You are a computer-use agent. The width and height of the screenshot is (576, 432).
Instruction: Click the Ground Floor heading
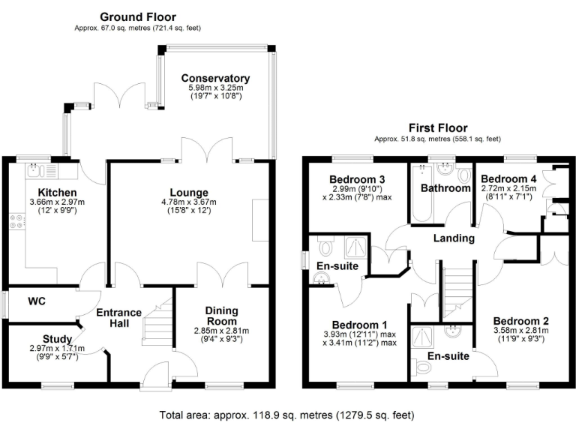137,16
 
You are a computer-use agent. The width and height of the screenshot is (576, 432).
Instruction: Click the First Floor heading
437,128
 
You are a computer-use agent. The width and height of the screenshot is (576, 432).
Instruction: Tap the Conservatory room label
215,78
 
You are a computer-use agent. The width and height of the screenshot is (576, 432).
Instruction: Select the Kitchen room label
46,192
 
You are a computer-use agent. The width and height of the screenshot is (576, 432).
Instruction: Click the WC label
37,301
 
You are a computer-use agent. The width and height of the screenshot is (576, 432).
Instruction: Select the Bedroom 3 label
357,179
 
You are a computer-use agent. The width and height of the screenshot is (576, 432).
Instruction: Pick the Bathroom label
445,187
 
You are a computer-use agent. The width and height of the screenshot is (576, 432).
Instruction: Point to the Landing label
454,238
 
